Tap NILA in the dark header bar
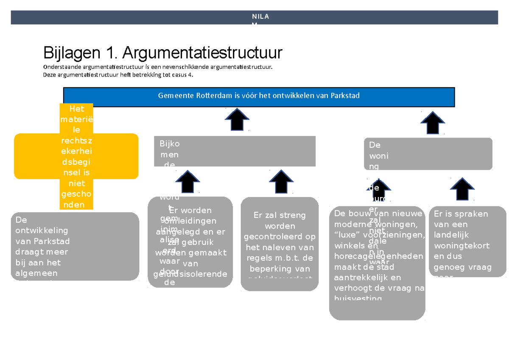(260, 17)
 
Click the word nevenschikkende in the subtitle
(184, 67)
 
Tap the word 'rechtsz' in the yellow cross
(77, 141)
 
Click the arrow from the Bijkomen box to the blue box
(237, 119)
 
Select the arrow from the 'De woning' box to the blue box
(433, 123)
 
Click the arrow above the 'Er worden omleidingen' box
(187, 181)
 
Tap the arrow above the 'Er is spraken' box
(462, 189)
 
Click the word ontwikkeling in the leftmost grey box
(42, 231)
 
